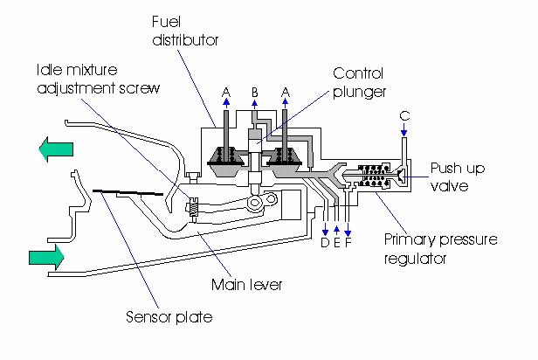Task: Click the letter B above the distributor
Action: tap(254, 91)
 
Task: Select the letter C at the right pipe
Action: tap(403, 114)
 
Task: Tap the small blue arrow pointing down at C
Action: tap(403, 132)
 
